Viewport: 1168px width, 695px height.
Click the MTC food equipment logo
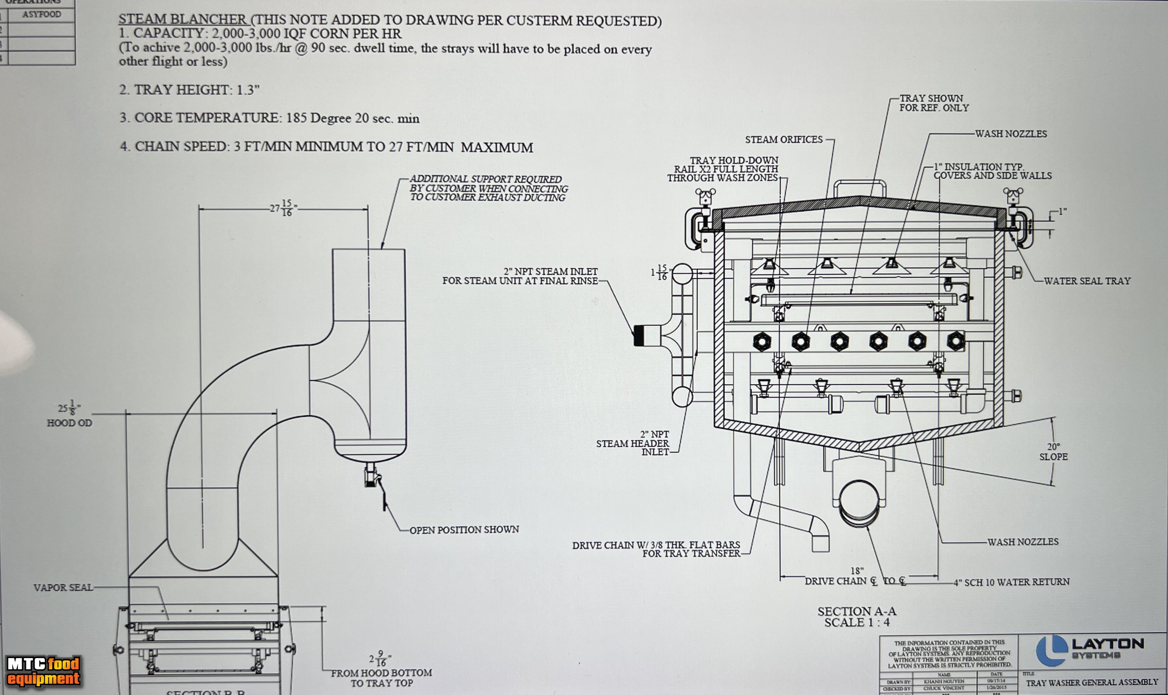(43, 671)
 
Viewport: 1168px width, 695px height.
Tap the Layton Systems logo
(1089, 650)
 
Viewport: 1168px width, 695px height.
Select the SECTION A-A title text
(857, 611)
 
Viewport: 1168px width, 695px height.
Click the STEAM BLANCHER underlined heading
(182, 19)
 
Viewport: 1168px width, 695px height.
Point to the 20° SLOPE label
(1053, 452)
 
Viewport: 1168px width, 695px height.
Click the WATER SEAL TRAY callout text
(1087, 281)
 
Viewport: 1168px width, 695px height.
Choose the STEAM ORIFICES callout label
(784, 140)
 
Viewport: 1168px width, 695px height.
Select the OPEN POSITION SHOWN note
(464, 530)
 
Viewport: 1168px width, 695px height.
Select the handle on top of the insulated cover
(859, 187)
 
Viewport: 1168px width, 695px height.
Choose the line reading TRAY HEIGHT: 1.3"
(189, 90)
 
